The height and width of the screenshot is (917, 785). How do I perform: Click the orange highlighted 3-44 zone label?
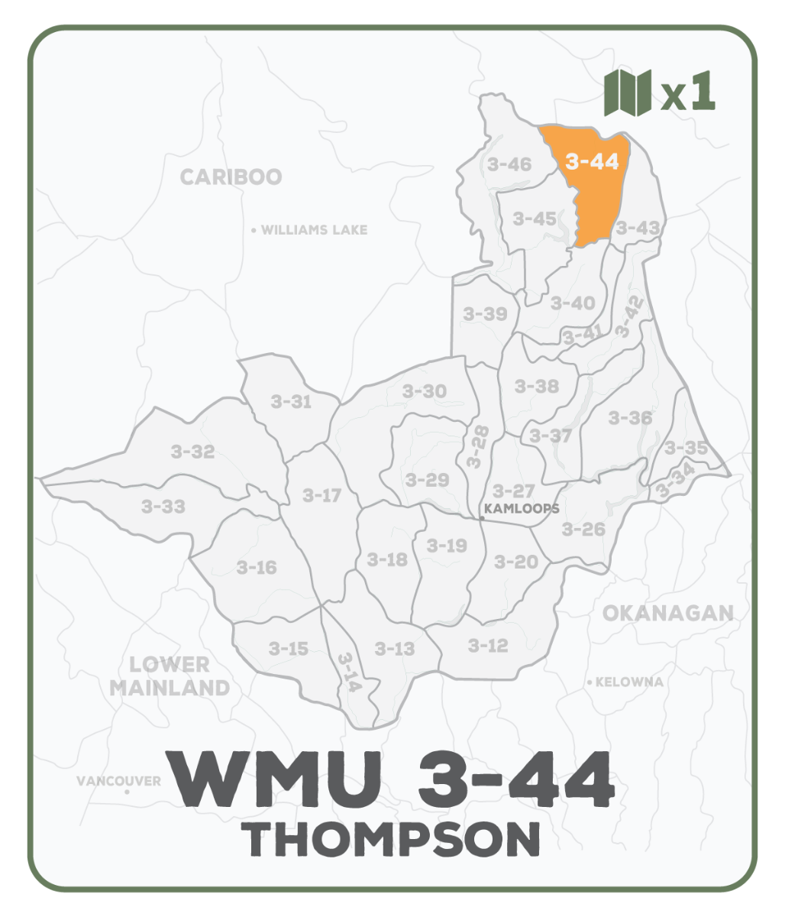point(593,162)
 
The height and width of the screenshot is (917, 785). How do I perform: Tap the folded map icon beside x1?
point(627,92)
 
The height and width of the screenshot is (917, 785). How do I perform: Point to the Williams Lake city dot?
point(254,230)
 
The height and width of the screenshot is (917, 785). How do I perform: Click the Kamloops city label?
point(522,508)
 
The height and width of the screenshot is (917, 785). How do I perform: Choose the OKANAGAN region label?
point(667,613)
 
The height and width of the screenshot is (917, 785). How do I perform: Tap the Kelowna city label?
point(629,682)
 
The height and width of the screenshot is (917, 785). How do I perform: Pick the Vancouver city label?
point(118,781)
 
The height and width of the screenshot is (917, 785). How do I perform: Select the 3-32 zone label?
point(192,452)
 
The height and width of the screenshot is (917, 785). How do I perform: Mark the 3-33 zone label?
point(163,506)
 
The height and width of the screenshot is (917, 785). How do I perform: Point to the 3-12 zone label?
point(487,646)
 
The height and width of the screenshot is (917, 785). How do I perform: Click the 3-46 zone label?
point(509,164)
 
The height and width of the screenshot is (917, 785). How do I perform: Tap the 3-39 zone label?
point(485,313)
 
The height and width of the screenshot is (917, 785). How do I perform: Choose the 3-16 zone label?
point(257,568)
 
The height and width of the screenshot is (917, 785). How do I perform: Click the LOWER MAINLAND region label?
point(170,676)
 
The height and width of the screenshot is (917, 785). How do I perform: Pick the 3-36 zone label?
point(631,417)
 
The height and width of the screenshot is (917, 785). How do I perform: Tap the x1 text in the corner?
point(688,93)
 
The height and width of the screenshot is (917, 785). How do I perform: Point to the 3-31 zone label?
point(291,401)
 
